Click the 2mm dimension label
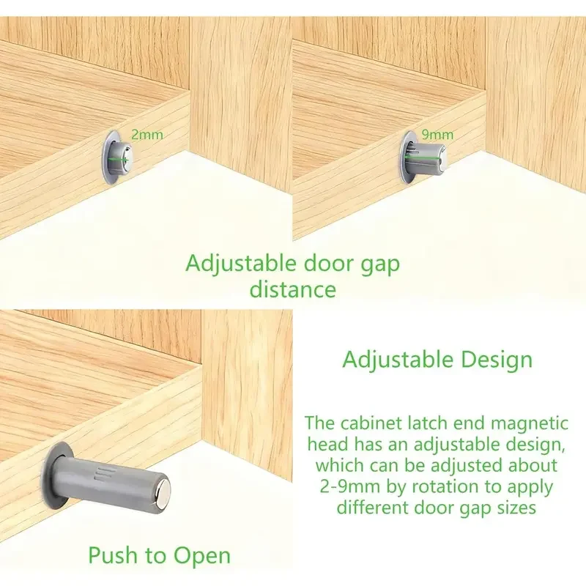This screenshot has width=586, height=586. coord(147,135)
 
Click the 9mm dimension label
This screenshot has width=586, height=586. coord(437,135)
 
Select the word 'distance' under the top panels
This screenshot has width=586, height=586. coord(293,289)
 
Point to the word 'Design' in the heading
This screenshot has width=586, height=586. coord(496,360)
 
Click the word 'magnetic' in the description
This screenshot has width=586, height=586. coord(529,423)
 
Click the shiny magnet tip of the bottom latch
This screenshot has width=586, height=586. coord(163,488)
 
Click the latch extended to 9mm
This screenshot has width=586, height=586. coord(423,157)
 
